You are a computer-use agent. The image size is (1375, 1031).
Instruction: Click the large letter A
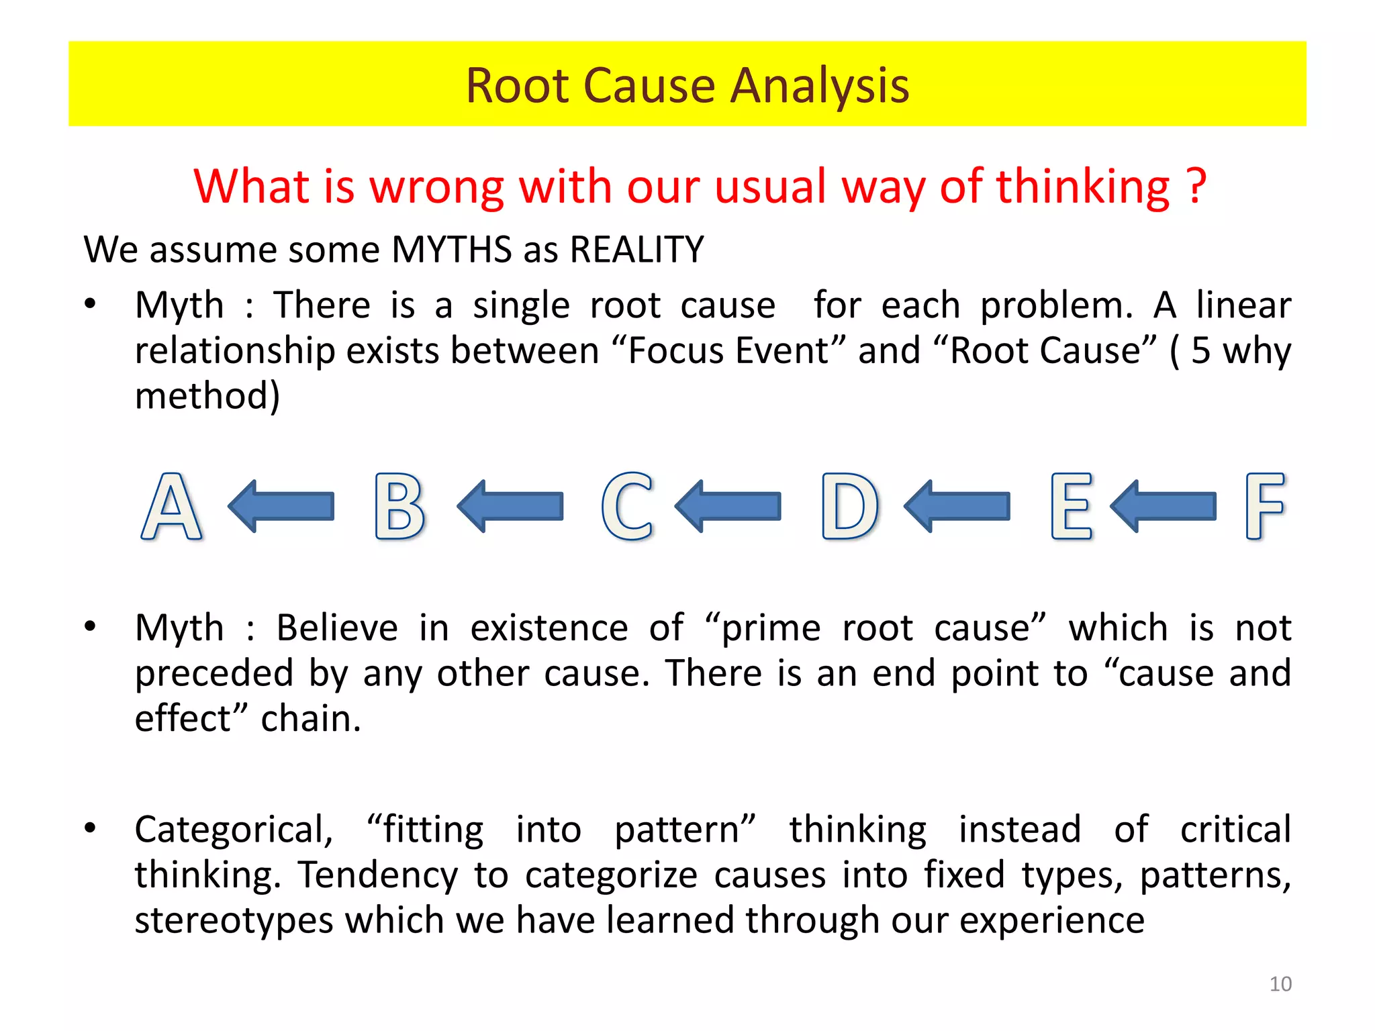pyautogui.click(x=172, y=507)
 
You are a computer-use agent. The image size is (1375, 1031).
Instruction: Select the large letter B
pyautogui.click(x=399, y=507)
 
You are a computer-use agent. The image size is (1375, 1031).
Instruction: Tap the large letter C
pyautogui.click(x=627, y=507)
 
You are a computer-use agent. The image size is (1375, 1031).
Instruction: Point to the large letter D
pyautogui.click(x=850, y=507)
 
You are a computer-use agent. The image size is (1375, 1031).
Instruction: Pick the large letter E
pyautogui.click(x=1072, y=507)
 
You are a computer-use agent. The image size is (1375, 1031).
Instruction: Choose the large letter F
pyautogui.click(x=1264, y=507)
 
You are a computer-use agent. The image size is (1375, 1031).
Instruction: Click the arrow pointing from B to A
pyautogui.click(x=281, y=506)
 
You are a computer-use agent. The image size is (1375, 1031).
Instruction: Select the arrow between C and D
pyautogui.click(x=728, y=506)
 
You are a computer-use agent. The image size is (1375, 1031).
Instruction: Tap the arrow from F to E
pyautogui.click(x=1164, y=506)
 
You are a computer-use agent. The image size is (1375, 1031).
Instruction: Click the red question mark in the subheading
pyautogui.click(x=1196, y=187)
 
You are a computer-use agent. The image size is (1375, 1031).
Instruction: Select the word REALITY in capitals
pyautogui.click(x=636, y=250)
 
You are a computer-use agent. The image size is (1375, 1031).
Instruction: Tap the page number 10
pyautogui.click(x=1280, y=984)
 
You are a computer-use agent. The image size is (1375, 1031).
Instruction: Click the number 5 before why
pyautogui.click(x=1201, y=351)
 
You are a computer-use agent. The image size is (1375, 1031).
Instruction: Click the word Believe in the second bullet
pyautogui.click(x=337, y=628)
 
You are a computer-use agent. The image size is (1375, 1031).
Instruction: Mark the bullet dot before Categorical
pyautogui.click(x=90, y=828)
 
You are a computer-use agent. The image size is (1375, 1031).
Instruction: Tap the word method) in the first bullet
pyautogui.click(x=207, y=396)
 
